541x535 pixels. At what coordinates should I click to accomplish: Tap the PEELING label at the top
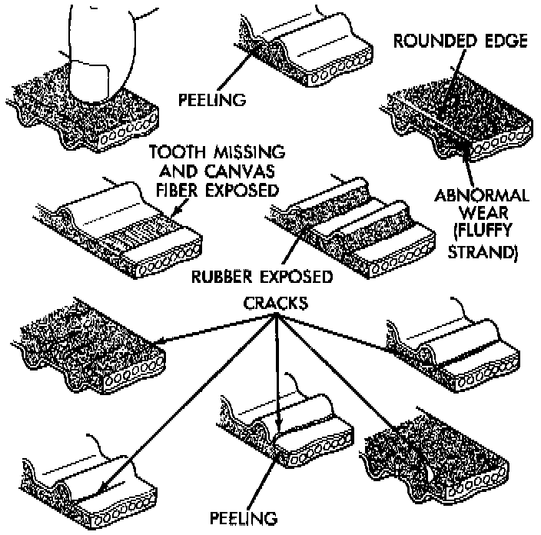(212, 99)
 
